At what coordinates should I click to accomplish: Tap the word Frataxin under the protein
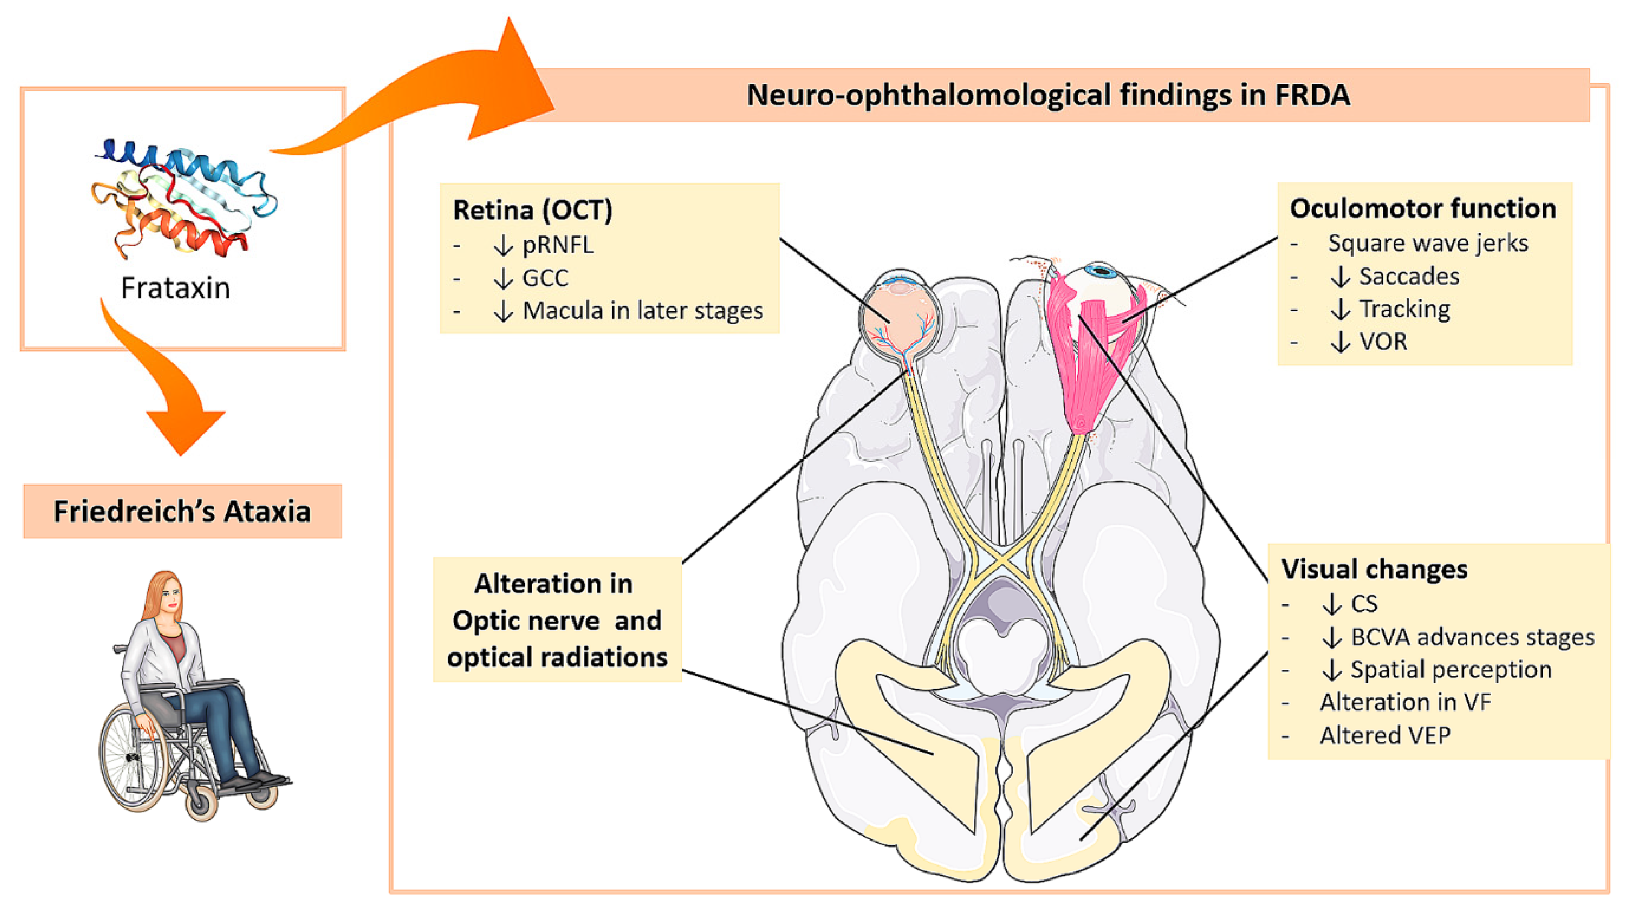pos(175,288)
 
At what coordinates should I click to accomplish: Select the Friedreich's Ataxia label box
pos(183,511)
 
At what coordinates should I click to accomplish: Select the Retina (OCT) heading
pos(532,210)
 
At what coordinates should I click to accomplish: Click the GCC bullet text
pos(546,278)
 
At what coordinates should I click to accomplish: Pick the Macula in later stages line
pos(643,310)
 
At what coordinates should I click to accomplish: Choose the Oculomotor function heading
pos(1423,208)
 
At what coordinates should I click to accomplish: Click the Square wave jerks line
pos(1428,243)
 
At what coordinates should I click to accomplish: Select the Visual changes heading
pos(1374,569)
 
